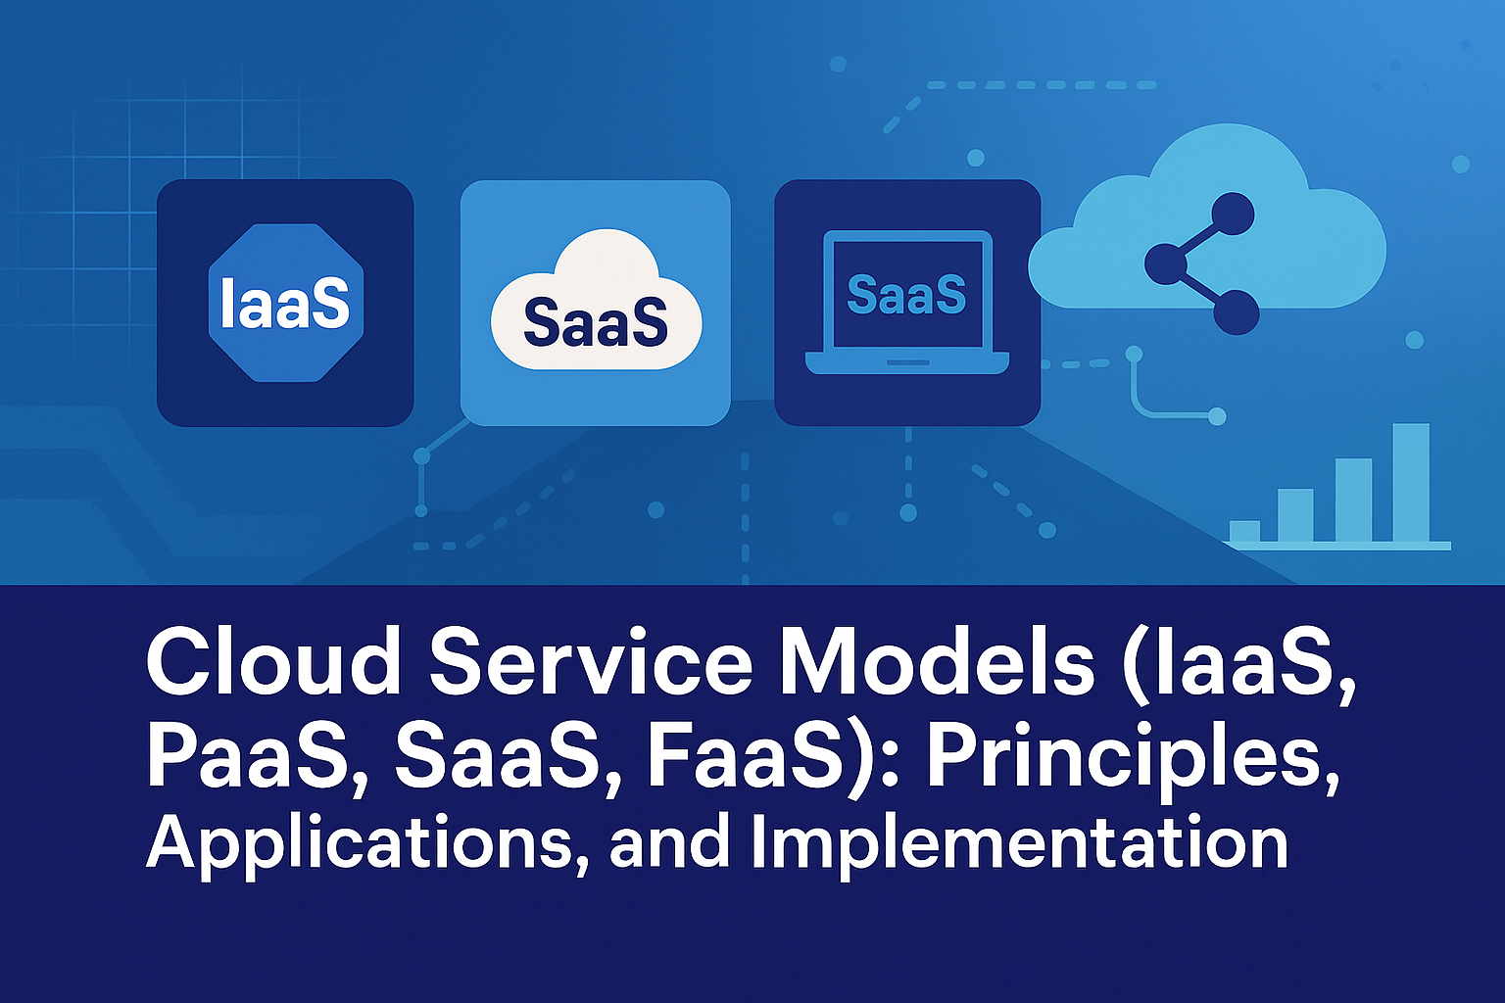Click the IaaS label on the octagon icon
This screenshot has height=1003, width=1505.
pyautogui.click(x=285, y=304)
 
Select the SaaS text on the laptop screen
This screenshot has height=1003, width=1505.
pyautogui.click(x=906, y=295)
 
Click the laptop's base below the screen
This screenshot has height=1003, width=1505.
pyautogui.click(x=906, y=362)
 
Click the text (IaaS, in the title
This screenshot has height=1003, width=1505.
pyautogui.click(x=1238, y=664)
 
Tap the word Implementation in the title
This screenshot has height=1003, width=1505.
pyautogui.click(x=1019, y=844)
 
